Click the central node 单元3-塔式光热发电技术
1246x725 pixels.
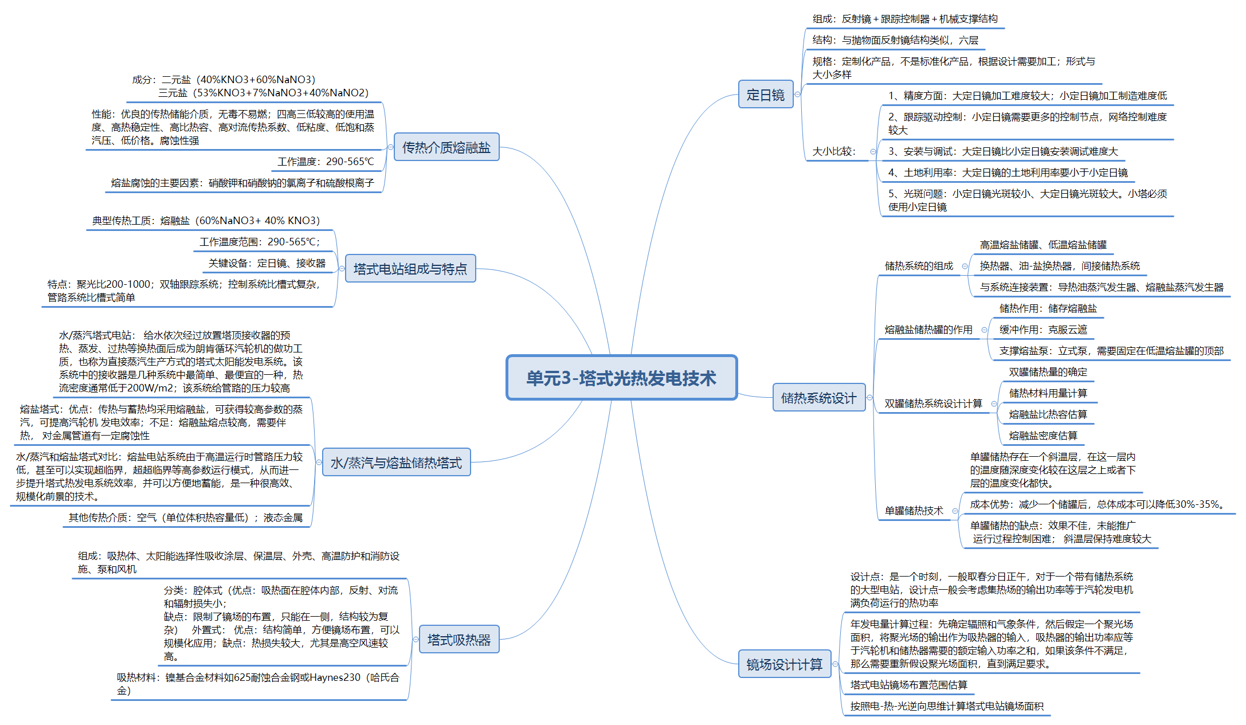click(621, 378)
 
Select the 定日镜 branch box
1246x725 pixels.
click(765, 95)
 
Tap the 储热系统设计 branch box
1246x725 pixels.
click(818, 398)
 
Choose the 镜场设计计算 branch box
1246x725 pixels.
click(784, 664)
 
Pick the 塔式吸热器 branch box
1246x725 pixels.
click(459, 640)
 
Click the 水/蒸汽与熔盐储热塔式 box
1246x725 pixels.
click(396, 463)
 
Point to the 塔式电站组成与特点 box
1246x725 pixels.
click(410, 269)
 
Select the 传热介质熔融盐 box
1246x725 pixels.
click(446, 147)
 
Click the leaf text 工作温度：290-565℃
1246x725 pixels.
click(326, 162)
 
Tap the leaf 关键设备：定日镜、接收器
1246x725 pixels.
click(267, 263)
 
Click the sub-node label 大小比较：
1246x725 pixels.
click(834, 151)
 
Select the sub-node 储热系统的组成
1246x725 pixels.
click(919, 266)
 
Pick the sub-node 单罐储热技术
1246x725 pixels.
click(914, 511)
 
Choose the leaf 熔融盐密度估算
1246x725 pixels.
click(1043, 436)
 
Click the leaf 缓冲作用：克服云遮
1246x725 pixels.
click(1043, 330)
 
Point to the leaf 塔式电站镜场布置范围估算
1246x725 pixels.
click(908, 685)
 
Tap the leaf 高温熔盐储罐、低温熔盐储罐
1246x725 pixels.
click(1043, 245)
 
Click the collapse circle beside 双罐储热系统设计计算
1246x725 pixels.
click(994, 403)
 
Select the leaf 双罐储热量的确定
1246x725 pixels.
click(1048, 372)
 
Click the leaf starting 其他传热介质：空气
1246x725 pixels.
click(186, 518)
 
